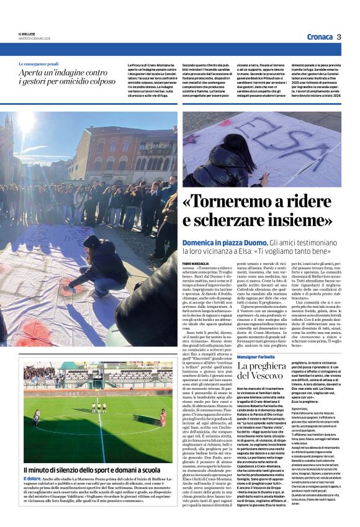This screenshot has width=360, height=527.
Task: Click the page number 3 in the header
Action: click(x=339, y=37)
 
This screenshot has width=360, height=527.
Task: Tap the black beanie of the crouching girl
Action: click(x=92, y=241)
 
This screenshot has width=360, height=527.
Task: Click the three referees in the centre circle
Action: click(x=99, y=407)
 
